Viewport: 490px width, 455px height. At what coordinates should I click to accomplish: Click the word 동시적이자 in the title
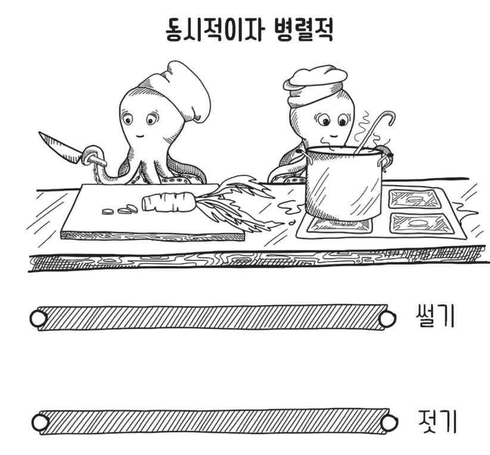click(x=213, y=30)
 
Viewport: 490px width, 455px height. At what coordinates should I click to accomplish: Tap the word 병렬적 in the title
click(x=303, y=30)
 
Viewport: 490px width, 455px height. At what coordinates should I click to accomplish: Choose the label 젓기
click(x=437, y=421)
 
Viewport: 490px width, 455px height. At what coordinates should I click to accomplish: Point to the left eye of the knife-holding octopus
click(x=128, y=119)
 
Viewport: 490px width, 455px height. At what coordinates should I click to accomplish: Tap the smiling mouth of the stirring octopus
click(x=334, y=136)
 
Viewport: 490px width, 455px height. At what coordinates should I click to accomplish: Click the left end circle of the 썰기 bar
click(x=39, y=318)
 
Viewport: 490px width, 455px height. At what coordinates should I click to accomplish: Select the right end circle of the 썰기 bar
click(x=387, y=318)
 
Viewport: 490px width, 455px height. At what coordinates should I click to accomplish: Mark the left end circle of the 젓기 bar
click(x=40, y=422)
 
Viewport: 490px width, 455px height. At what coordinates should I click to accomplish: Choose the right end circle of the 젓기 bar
click(x=389, y=422)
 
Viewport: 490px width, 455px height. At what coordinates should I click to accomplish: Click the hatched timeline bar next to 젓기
click(x=215, y=422)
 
